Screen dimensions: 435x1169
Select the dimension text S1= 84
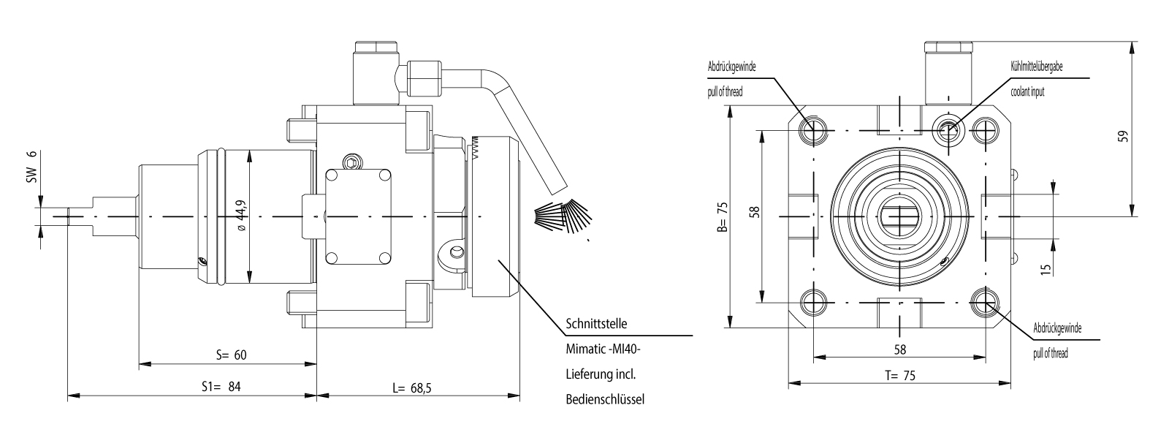click(221, 387)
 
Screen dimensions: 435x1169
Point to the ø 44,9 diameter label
click(240, 215)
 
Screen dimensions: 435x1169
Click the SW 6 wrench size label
click(31, 167)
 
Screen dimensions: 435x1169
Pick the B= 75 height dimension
click(723, 216)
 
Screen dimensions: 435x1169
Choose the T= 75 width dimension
click(899, 376)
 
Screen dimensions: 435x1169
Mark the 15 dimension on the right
click(1046, 268)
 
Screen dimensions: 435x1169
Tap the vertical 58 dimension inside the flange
click(755, 212)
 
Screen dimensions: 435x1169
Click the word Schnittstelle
click(596, 324)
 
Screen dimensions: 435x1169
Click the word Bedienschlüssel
click(604, 399)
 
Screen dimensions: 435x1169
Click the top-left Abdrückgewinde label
click(731, 67)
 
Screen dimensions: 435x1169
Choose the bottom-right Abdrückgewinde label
click(1057, 328)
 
